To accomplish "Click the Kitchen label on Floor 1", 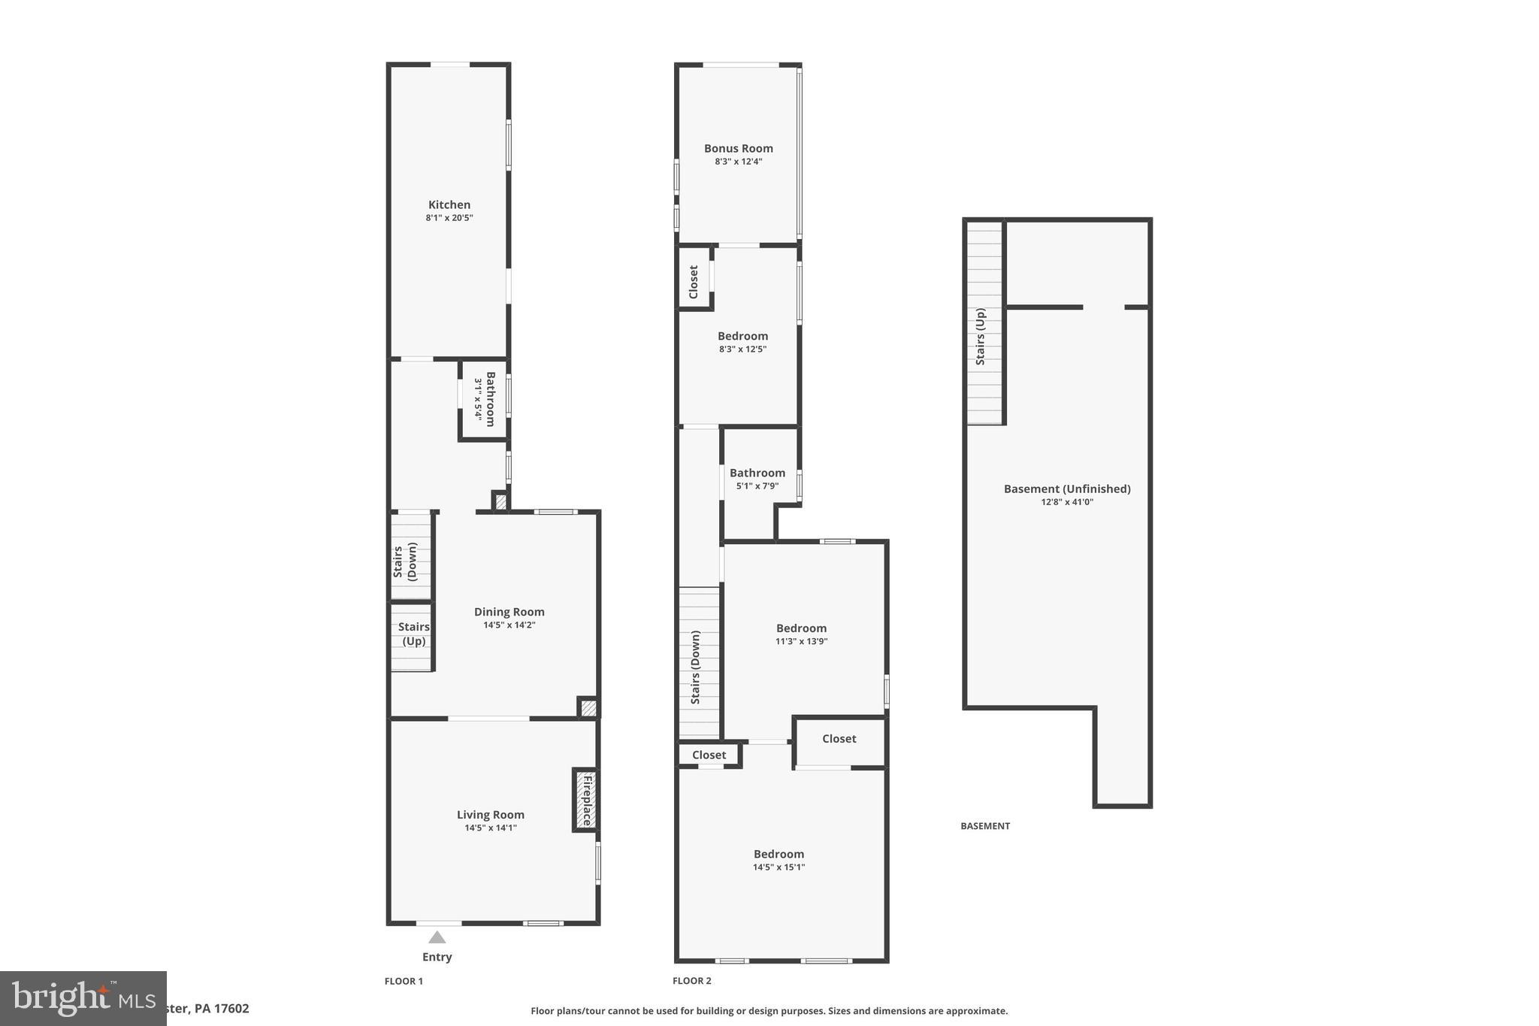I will click(x=449, y=204).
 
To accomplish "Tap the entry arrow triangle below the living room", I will click(x=437, y=937).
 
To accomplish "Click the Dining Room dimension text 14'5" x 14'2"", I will click(x=509, y=625).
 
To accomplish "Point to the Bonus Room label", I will click(x=738, y=149).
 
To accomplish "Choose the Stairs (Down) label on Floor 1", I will click(x=405, y=561).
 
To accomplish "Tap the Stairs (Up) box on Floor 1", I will click(x=413, y=634).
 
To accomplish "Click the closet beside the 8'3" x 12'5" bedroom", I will click(x=694, y=281).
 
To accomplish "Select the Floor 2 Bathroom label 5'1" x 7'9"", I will click(x=757, y=474).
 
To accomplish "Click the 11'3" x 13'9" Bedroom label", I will click(x=801, y=628).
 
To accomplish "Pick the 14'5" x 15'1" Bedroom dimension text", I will click(x=779, y=867).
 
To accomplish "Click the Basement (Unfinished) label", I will click(x=1066, y=489).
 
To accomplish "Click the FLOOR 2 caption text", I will click(x=691, y=980).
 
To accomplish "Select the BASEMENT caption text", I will click(x=984, y=825).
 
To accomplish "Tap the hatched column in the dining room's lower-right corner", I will click(x=588, y=707).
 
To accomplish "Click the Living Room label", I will click(x=490, y=815).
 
